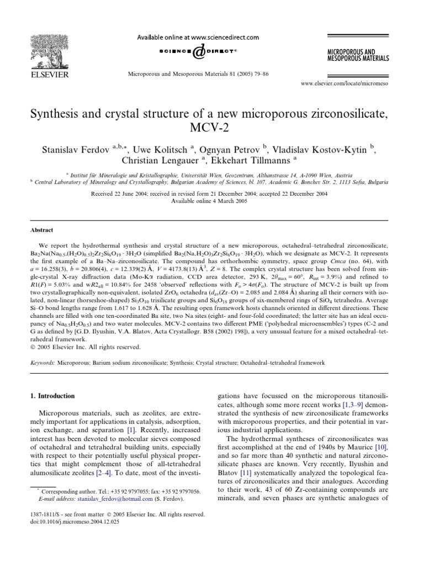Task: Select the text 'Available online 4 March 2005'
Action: [x=211, y=200]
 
